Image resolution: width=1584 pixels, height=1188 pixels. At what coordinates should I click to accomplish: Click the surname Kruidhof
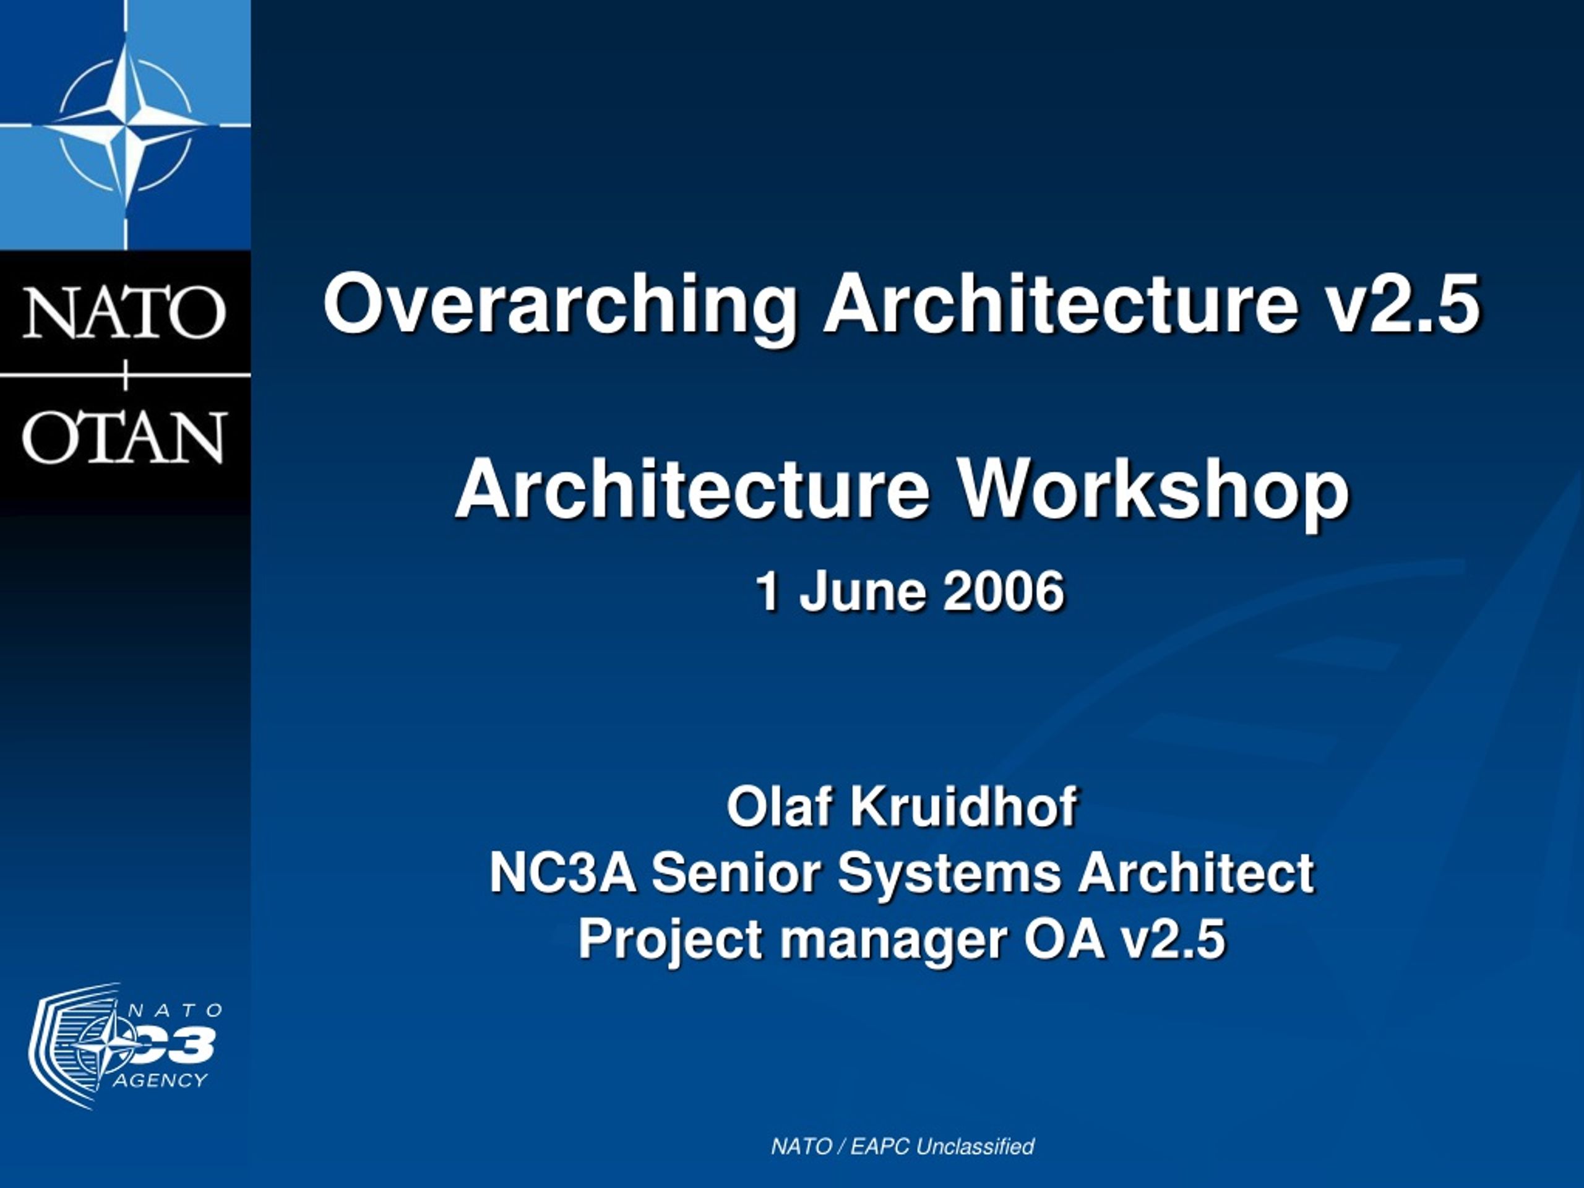tap(963, 806)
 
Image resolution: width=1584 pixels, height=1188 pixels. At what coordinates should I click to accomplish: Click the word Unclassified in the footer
tap(975, 1147)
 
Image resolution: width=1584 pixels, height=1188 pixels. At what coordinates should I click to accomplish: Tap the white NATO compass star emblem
tap(126, 126)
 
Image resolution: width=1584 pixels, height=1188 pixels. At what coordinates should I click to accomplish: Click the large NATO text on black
tap(124, 312)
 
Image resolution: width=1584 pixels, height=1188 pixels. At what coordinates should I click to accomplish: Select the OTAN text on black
tap(124, 436)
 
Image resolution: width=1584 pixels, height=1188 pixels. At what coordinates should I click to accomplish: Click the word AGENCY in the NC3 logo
tap(160, 1080)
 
